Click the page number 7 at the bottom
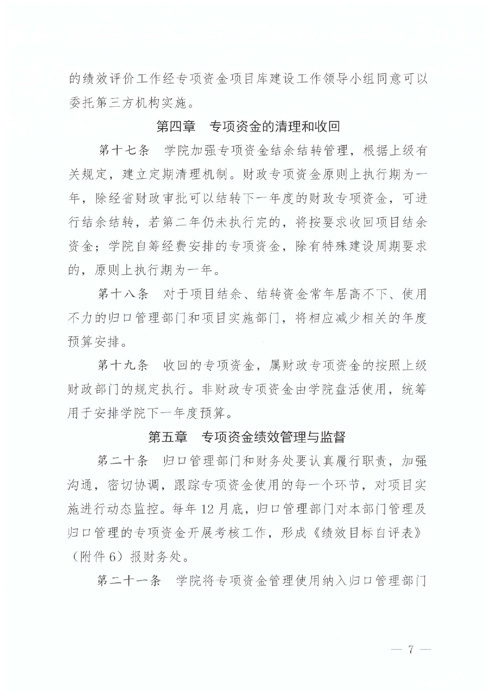pos(411,650)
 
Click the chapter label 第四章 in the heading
pos(176,127)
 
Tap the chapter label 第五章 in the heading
pos(167,437)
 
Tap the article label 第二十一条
pos(130,581)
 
